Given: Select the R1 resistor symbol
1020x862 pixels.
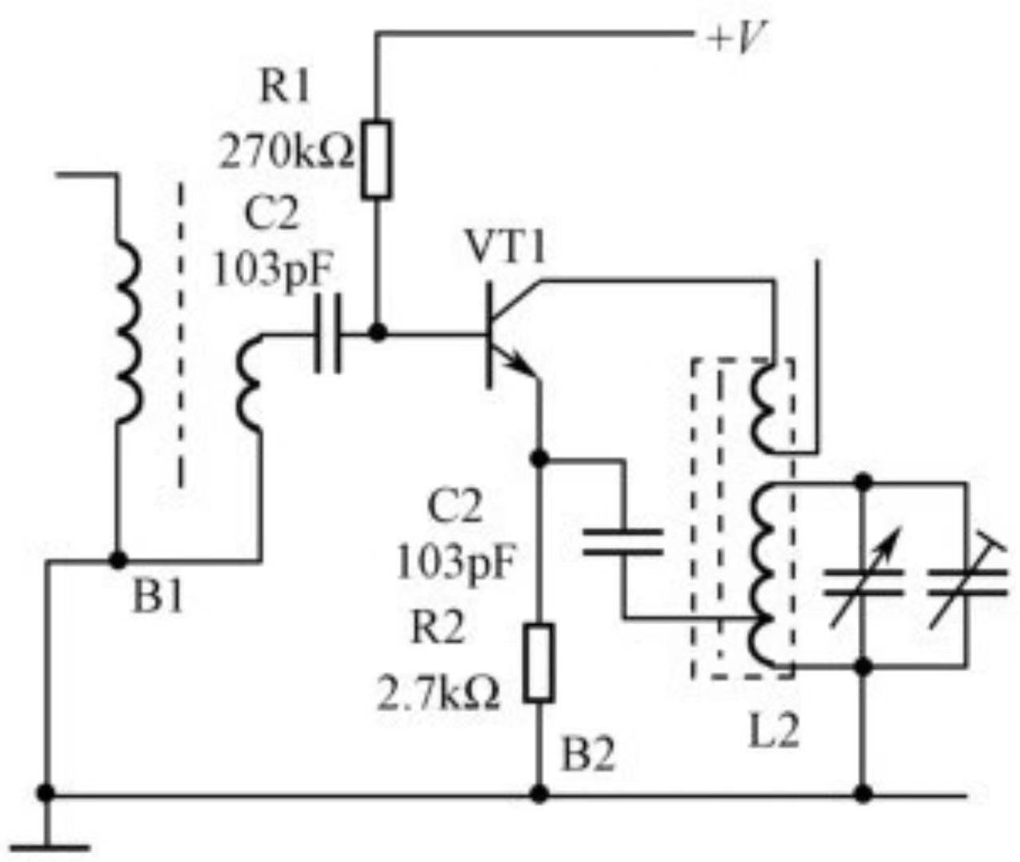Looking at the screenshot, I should (377, 160).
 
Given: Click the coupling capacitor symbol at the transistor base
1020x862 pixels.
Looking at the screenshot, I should (327, 333).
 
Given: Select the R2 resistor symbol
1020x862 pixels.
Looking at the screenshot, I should (540, 663).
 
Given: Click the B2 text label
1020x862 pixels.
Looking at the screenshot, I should (588, 755).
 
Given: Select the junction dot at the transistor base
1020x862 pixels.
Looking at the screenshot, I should (378, 332).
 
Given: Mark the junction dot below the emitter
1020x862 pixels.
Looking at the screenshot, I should (540, 458).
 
